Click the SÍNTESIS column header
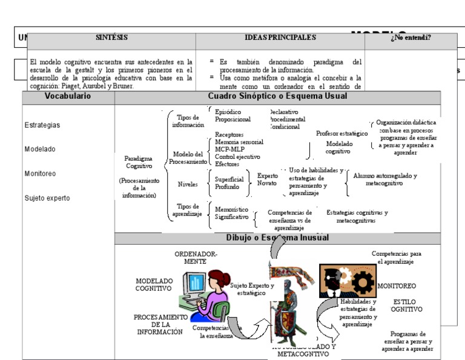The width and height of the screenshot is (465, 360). [111, 38]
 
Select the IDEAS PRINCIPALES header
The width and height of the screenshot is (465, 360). [280, 38]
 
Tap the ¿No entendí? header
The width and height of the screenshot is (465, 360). [411, 38]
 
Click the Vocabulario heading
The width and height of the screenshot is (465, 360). [68, 96]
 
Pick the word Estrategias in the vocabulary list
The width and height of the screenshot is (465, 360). [42, 125]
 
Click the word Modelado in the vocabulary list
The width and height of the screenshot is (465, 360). [40, 149]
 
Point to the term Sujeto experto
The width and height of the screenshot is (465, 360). [47, 198]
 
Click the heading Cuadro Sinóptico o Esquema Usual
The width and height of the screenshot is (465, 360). [277, 96]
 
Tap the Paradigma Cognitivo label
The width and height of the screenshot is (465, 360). [139, 162]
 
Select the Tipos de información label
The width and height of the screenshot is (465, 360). [188, 121]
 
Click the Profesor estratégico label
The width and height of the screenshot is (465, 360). [341, 133]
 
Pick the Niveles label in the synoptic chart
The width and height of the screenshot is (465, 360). [188, 184]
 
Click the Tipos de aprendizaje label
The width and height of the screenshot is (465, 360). [188, 210]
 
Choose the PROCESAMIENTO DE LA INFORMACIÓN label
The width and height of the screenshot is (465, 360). [159, 324]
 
